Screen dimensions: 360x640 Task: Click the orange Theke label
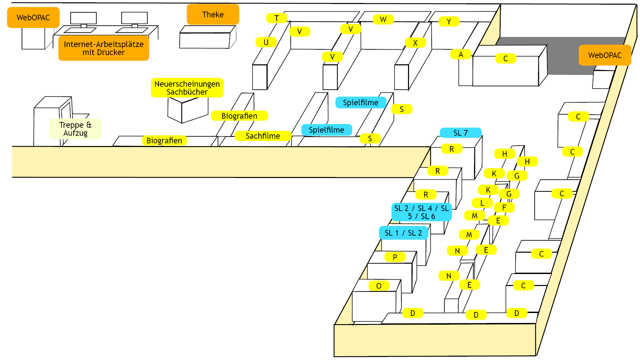pos(213,14)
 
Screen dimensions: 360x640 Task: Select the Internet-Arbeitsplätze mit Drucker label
pos(104,48)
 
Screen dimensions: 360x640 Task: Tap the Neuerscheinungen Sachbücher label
pos(187,88)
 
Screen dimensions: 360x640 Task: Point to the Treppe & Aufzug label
pos(75,129)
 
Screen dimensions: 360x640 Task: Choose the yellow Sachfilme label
pos(263,136)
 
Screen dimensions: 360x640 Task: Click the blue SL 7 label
pos(461,133)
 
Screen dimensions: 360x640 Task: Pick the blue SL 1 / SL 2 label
pos(403,233)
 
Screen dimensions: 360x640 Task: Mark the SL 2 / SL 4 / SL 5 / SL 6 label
pos(421,212)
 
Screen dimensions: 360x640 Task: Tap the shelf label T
pos(276,18)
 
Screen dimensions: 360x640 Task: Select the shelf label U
pos(266,42)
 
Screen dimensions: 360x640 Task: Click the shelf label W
pos(383,20)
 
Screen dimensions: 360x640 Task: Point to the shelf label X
pos(415,43)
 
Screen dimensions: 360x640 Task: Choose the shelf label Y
pos(449,22)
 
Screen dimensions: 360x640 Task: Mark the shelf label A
pos(461,54)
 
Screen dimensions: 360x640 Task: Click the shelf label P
pos(395,257)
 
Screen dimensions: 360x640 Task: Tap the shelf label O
pos(379,286)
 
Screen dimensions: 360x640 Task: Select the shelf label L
pos(482,203)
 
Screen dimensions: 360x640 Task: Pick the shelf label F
pos(504,208)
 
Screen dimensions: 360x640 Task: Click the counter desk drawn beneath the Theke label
pos(207,38)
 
